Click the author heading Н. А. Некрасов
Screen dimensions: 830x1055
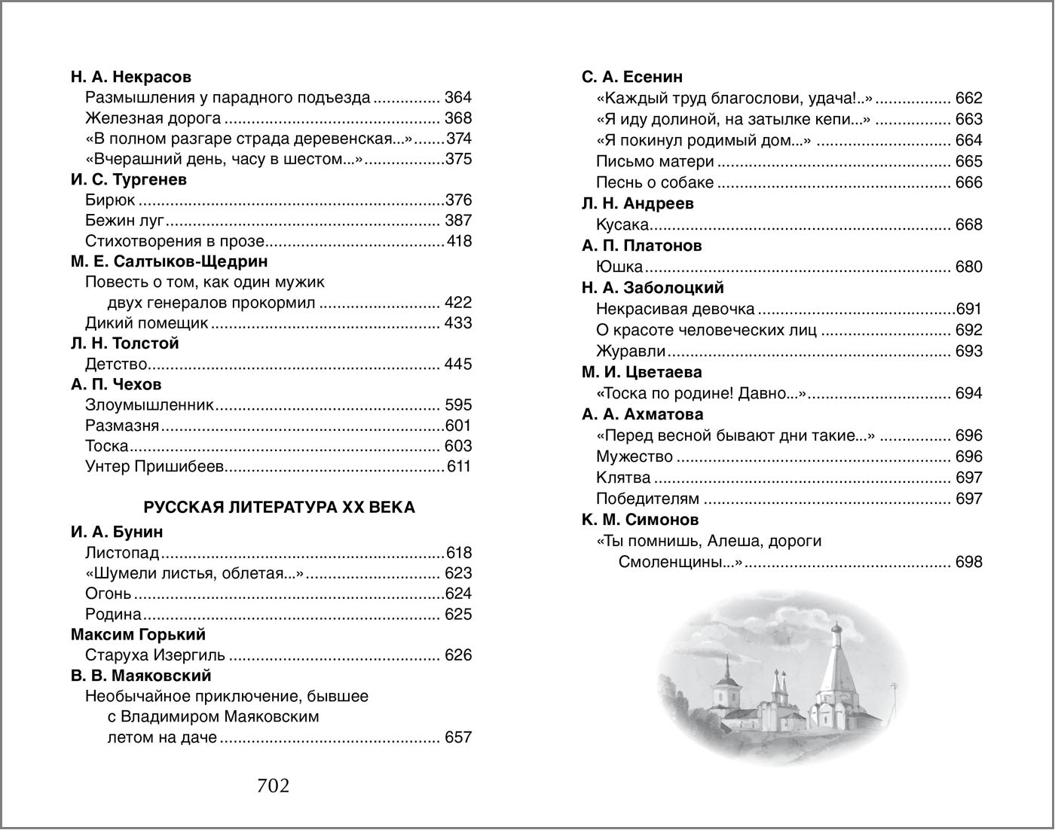click(131, 77)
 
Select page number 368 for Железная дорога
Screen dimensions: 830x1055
click(457, 118)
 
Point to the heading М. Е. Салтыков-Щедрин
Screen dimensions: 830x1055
click(170, 261)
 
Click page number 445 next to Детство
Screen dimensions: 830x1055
click(457, 365)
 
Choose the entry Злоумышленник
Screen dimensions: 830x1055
click(150, 405)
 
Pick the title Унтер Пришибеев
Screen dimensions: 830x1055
click(155, 467)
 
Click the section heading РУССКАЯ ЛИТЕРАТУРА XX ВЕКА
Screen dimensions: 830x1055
click(279, 507)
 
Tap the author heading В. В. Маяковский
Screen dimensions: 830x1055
click(141, 676)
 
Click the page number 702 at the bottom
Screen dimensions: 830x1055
click(273, 786)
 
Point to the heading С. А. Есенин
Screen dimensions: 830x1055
click(632, 77)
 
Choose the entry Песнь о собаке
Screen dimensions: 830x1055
click(654, 182)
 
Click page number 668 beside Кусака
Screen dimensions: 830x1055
click(968, 224)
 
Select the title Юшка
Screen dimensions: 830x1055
click(619, 267)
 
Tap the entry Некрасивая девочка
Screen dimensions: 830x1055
click(675, 309)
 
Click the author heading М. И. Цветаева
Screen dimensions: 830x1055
click(641, 372)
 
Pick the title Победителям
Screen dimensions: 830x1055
click(647, 499)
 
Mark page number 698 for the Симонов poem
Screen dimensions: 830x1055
click(968, 562)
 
